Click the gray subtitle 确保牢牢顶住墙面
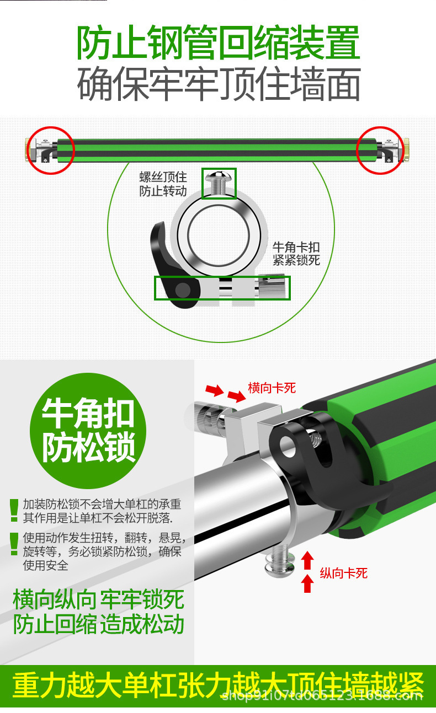(x=218, y=84)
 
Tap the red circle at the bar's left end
(x=51, y=149)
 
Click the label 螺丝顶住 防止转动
(x=163, y=184)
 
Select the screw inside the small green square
(x=219, y=181)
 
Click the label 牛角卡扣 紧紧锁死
(x=296, y=253)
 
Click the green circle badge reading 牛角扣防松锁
(x=89, y=430)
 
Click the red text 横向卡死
(x=272, y=388)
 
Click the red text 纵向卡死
(x=343, y=573)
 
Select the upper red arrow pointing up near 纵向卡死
(x=308, y=561)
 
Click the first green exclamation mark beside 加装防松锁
(x=14, y=510)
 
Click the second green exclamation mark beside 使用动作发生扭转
(x=14, y=543)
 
